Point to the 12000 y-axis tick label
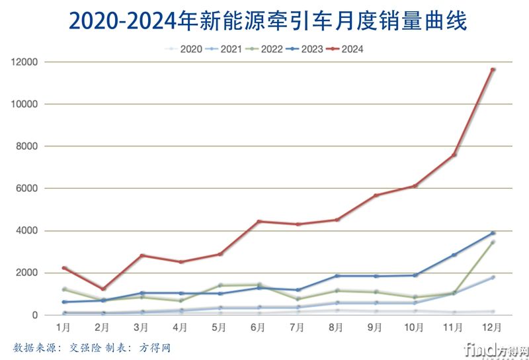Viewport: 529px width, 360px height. point(26,62)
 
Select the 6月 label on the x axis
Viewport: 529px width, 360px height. point(259,328)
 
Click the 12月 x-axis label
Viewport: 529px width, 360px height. point(493,328)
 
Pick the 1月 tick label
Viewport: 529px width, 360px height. point(64,328)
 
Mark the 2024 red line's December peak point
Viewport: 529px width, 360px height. point(493,69)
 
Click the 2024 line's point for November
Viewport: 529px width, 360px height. point(454,155)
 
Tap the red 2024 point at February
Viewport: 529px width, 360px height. point(103,289)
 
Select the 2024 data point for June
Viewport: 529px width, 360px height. point(259,221)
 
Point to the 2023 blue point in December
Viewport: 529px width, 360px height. point(493,233)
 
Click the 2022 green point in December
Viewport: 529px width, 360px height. point(493,242)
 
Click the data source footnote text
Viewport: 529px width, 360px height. point(92,347)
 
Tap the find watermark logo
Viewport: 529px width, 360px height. point(496,349)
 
